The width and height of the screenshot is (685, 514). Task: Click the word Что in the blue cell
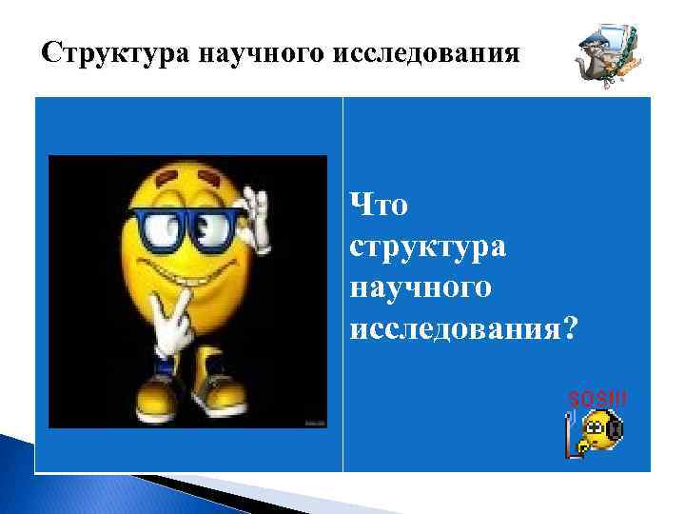pos(379,205)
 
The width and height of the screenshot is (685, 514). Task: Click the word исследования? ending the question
pos(463,327)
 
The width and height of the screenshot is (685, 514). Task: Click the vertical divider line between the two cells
pos(342,286)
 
